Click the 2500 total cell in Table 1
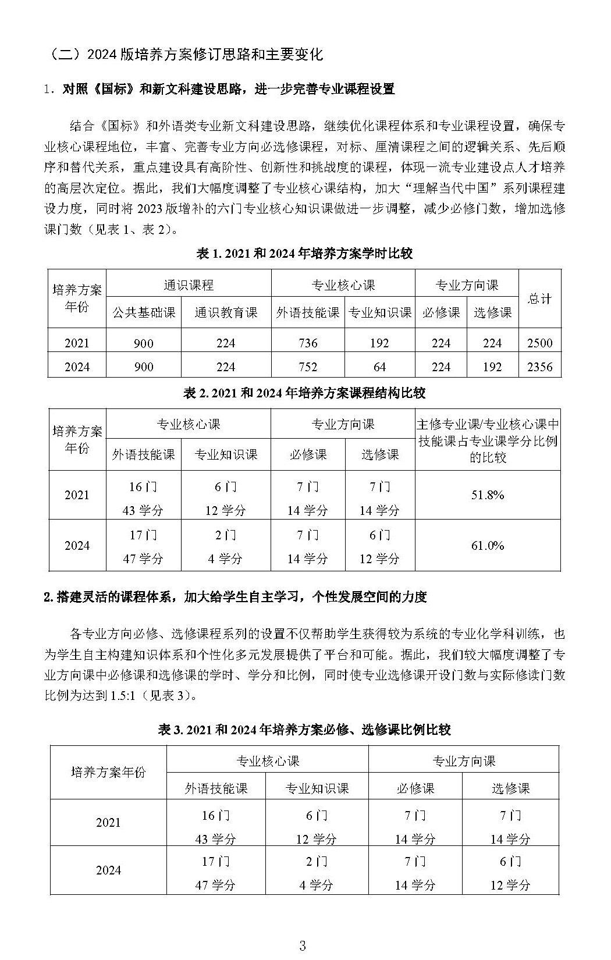(x=539, y=343)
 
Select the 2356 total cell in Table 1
(x=539, y=367)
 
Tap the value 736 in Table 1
(x=307, y=343)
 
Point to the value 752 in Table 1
(x=307, y=367)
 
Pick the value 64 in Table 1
(x=379, y=367)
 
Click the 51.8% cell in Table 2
(x=487, y=495)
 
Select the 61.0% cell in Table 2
(x=487, y=545)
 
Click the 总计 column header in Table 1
(x=539, y=298)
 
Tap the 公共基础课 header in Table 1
(x=144, y=312)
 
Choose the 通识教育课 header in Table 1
(x=226, y=312)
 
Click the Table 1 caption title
(x=305, y=254)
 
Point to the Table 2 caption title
(x=304, y=393)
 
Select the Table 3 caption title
(x=304, y=729)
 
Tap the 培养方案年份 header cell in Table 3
(x=108, y=773)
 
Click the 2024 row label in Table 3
(x=108, y=870)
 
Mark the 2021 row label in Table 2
(x=77, y=495)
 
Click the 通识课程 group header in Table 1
(x=189, y=285)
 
